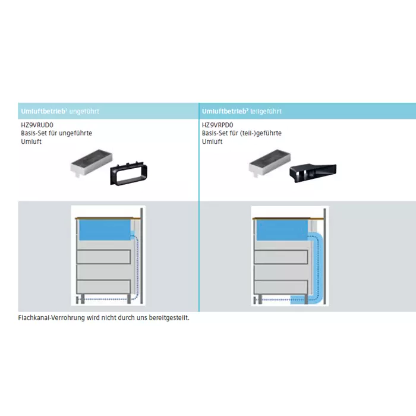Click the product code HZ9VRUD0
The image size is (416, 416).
[37, 125]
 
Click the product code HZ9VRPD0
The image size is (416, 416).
[218, 125]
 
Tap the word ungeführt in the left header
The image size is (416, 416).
[84, 112]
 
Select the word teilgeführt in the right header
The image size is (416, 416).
[266, 112]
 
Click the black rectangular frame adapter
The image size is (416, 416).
[129, 174]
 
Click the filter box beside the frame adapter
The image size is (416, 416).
[92, 162]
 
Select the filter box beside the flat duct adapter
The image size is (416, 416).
[270, 162]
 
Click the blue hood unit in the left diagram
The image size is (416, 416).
[105, 230]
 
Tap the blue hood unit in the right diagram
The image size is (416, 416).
[282, 230]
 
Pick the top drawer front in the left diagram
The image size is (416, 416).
[103, 257]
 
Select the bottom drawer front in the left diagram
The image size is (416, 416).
[103, 286]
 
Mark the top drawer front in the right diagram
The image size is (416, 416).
[281, 257]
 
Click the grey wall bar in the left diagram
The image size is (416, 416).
[141, 256]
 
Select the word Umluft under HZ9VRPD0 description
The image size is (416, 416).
[212, 141]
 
